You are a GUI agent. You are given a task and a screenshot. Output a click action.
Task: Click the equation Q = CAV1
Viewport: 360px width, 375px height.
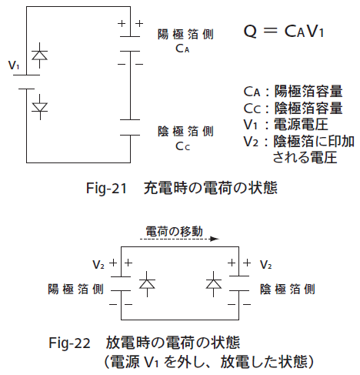pos(283,32)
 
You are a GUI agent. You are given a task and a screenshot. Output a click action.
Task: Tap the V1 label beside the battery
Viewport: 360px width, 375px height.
pos(14,65)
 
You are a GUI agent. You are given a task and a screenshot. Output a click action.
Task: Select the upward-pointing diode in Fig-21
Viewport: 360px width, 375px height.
pos(39,55)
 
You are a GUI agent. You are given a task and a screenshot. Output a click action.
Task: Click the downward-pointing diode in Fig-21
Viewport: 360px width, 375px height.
pos(40,107)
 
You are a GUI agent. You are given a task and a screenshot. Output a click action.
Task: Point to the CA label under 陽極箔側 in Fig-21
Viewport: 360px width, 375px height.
pos(182,49)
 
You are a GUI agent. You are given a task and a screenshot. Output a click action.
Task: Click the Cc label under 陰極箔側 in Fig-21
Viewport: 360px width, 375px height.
pos(182,146)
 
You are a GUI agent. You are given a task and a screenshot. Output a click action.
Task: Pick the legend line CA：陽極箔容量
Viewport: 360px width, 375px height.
pos(293,92)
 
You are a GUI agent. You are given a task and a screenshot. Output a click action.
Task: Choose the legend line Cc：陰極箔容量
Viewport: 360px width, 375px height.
pos(293,108)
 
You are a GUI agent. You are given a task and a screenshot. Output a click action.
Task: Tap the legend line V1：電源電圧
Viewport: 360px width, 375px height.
pos(286,125)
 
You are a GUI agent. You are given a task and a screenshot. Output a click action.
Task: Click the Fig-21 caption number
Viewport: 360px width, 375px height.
pos(106,189)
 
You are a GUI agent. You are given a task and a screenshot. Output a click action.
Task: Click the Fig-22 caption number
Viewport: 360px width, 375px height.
pos(69,343)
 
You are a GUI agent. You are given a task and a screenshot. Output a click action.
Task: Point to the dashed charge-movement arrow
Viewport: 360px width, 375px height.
pos(179,239)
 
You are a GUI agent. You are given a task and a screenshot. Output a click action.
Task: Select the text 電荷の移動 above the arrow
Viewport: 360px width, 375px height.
pos(175,231)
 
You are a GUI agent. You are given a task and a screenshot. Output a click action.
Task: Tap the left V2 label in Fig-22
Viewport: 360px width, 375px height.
pos(98,264)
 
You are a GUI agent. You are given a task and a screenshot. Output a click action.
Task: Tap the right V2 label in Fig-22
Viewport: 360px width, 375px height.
pos(266,264)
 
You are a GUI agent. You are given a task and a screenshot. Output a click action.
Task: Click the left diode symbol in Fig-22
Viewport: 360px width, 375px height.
pos(147,284)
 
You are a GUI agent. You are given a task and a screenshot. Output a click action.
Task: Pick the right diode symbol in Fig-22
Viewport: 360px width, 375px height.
pos(214,284)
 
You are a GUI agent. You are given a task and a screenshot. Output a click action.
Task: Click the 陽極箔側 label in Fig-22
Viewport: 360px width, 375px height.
pos(75,290)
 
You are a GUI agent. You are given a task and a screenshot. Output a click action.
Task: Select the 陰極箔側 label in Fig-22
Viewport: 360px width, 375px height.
pos(288,290)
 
